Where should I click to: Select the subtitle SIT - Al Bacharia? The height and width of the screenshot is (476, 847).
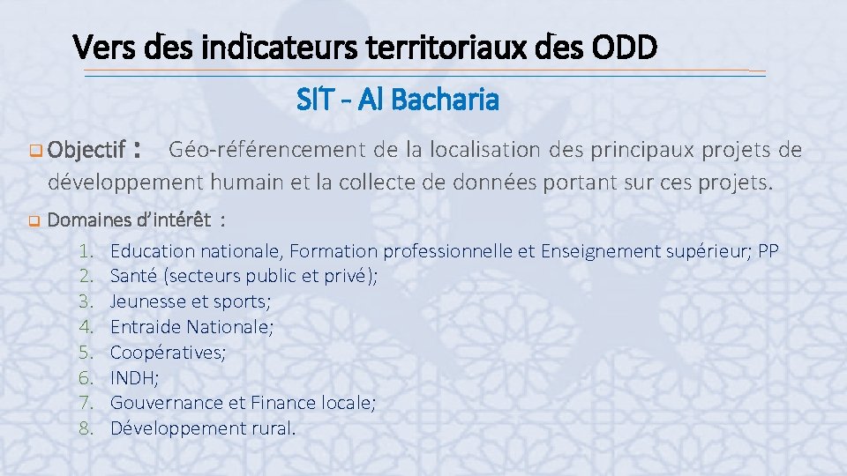[x=398, y=100]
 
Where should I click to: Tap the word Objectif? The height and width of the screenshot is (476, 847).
[x=86, y=151]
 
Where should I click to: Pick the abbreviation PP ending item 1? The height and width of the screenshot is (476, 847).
[x=768, y=251]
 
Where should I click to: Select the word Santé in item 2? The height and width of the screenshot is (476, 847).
[x=134, y=276]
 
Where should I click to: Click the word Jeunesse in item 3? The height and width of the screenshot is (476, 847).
[x=146, y=301]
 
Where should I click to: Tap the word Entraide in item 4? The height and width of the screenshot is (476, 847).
[x=145, y=327]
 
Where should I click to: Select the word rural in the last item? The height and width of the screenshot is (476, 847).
[x=274, y=428]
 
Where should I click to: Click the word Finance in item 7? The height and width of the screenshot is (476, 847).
[x=281, y=403]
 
